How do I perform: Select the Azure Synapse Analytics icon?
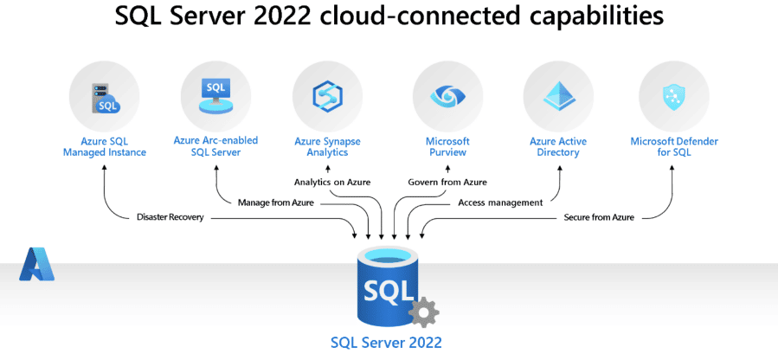(327, 96)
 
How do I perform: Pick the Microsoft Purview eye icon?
(447, 96)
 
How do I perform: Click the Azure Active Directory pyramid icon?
(558, 96)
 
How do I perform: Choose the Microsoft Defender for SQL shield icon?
(673, 96)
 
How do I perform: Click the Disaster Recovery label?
(170, 217)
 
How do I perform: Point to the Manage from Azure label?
(275, 202)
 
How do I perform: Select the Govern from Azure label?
(447, 183)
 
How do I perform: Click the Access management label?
(499, 202)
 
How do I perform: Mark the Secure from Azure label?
(599, 217)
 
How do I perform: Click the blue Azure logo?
(36, 264)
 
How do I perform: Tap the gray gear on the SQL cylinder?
(423, 312)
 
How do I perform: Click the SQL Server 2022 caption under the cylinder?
(386, 342)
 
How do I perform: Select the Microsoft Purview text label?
(447, 146)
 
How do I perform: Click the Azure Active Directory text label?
(558, 146)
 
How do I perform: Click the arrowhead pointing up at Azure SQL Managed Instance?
(104, 166)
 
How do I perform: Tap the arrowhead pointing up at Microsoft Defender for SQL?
(673, 166)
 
